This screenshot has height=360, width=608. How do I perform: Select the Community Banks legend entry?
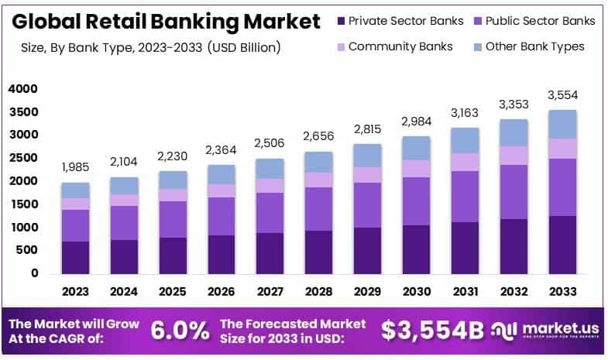point(400,46)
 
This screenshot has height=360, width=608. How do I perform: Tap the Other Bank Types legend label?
point(534,46)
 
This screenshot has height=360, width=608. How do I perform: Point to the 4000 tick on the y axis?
point(23,89)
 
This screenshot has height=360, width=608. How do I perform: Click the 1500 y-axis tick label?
point(23,204)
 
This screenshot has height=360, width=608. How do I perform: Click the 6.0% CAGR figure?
point(179,331)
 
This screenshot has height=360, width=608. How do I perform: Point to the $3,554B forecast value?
point(433,331)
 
